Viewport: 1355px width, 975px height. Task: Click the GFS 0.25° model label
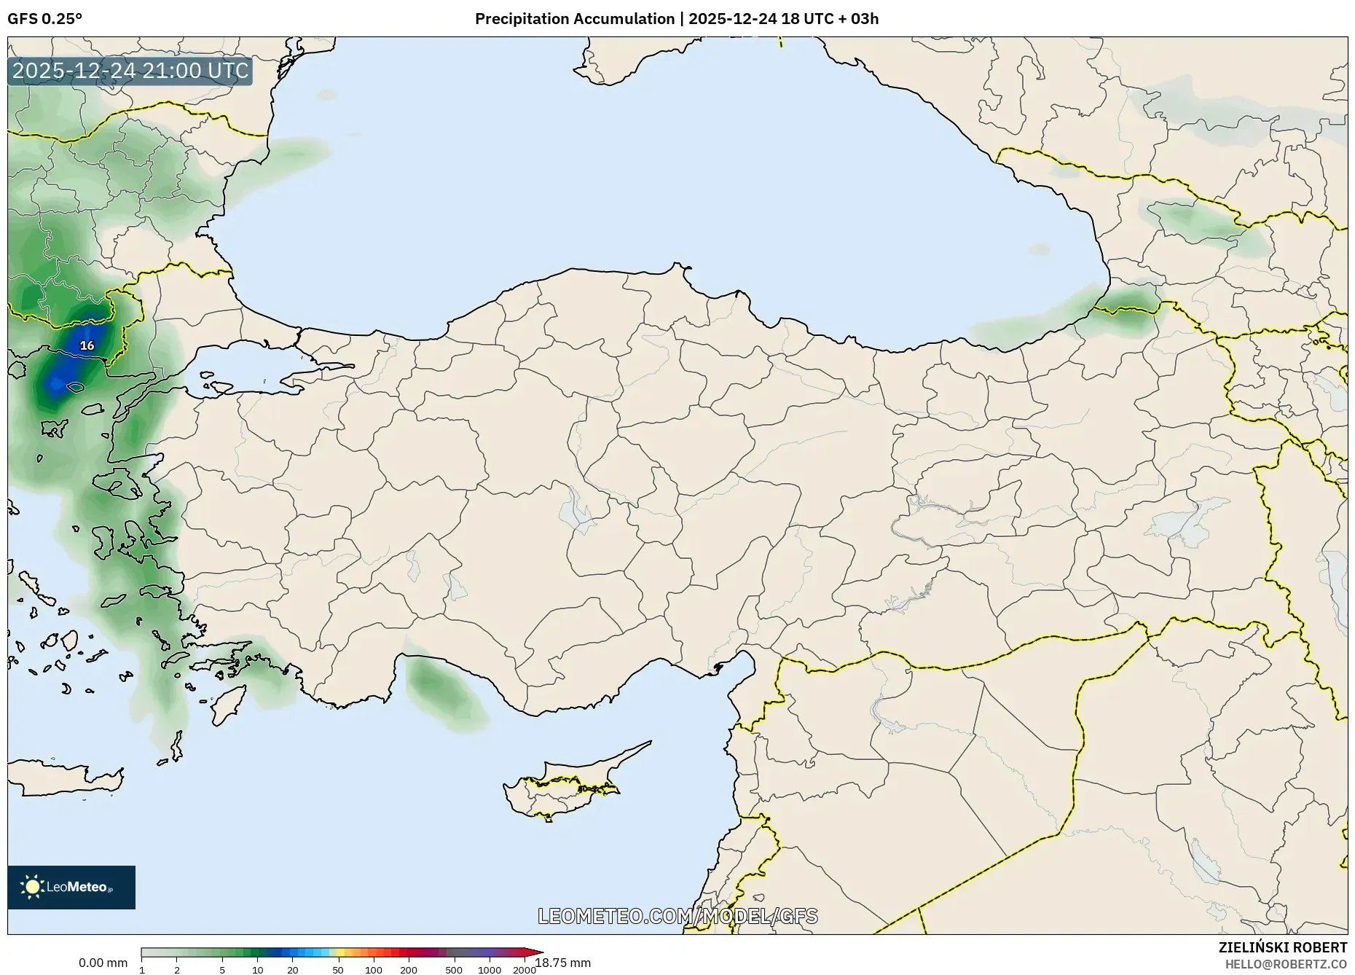(44, 19)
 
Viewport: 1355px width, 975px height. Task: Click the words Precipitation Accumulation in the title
(575, 19)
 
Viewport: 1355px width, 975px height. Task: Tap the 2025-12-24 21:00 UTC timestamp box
(130, 71)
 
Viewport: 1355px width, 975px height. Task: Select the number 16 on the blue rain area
(87, 345)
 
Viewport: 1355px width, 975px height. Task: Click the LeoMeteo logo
(71, 887)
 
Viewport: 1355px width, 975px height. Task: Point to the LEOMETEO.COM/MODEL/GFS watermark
(677, 916)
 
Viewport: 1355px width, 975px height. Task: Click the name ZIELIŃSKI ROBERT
(1282, 947)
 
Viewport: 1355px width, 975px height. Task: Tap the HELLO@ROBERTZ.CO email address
(1286, 964)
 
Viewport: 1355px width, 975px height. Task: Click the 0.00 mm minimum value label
(103, 963)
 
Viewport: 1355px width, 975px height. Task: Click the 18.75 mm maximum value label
(563, 963)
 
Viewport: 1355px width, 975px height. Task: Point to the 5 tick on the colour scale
(222, 970)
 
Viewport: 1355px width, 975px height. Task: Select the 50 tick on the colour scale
(338, 970)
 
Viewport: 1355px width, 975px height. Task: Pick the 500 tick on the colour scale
(454, 970)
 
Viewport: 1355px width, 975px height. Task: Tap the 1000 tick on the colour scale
(490, 970)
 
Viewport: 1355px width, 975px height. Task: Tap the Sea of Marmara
(240, 364)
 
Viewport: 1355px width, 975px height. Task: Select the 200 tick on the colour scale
(409, 970)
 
